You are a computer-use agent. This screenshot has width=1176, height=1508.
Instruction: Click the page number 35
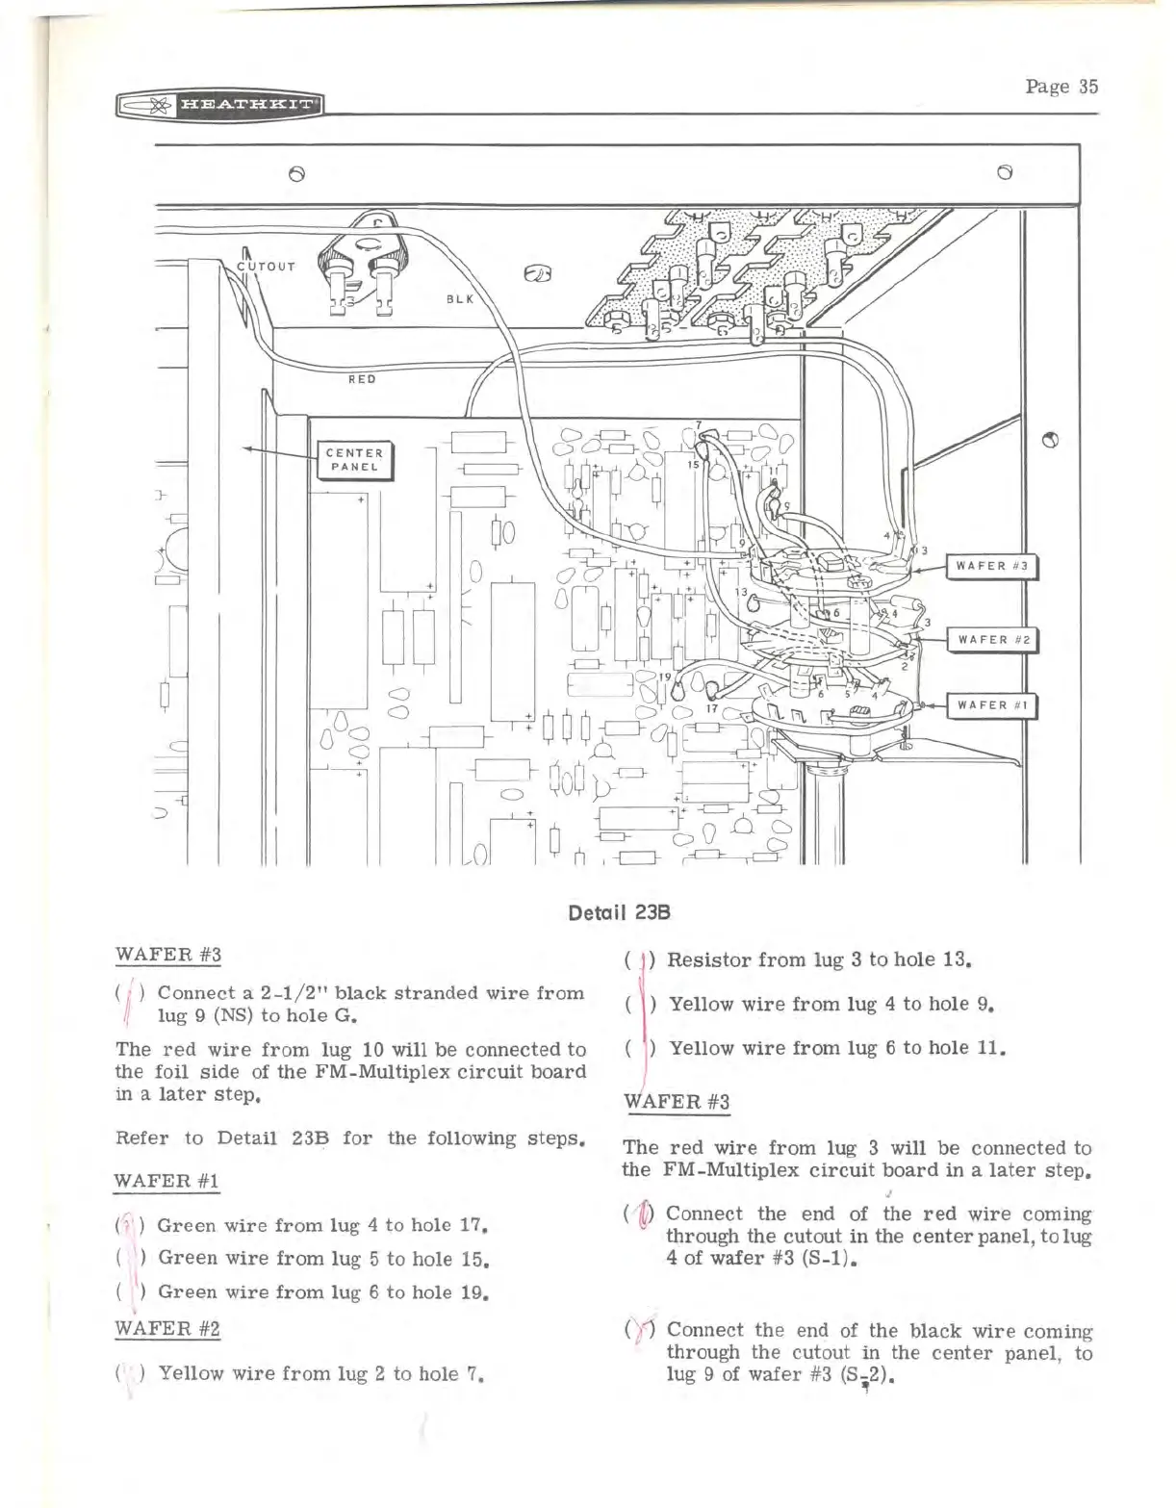(1061, 87)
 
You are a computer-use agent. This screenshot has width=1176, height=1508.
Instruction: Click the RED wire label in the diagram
(362, 379)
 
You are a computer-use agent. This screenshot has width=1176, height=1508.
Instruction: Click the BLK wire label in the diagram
(460, 299)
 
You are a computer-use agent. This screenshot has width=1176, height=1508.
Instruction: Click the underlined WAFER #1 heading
(167, 1180)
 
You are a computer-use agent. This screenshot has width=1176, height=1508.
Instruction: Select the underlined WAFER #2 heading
(167, 1329)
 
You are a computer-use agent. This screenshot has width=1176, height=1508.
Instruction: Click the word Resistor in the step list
(707, 959)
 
